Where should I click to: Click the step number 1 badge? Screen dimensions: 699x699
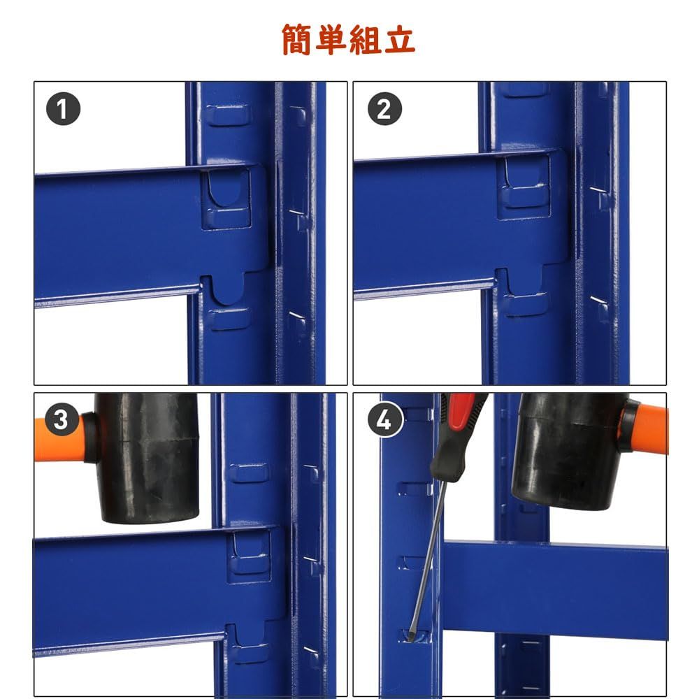(x=63, y=110)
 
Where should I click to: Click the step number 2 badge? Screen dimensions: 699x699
(x=384, y=110)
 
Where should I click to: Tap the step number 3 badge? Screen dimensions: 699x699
(x=63, y=421)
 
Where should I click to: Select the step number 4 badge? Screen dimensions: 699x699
(x=384, y=421)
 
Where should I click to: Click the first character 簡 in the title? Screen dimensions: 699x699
(x=298, y=39)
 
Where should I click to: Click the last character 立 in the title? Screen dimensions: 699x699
(x=400, y=39)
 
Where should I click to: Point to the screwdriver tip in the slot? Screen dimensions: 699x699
(x=414, y=637)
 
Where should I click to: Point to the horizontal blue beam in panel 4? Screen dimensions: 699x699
(x=559, y=587)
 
